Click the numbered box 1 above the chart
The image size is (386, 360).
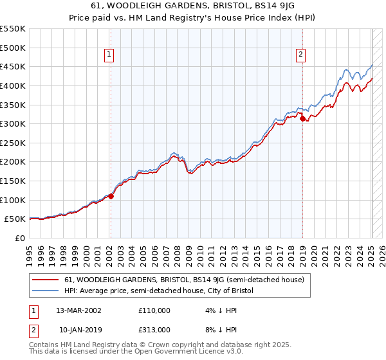pyautogui.click(x=110, y=55)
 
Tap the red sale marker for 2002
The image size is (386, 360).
pyautogui.click(x=111, y=197)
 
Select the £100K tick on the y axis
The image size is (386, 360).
pyautogui.click(x=13, y=200)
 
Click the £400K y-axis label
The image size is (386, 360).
pyautogui.click(x=13, y=85)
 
